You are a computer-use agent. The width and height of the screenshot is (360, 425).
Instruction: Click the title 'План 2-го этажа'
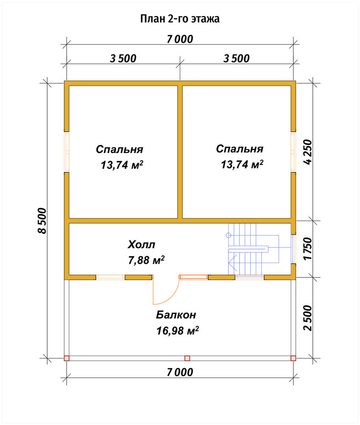(x=180, y=19)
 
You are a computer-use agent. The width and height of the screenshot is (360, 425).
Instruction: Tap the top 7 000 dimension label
(x=180, y=39)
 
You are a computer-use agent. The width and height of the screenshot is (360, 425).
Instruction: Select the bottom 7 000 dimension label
(x=180, y=372)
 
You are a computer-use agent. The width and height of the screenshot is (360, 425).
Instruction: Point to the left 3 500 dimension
(x=123, y=58)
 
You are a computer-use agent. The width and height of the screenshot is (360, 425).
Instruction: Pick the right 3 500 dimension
(x=236, y=58)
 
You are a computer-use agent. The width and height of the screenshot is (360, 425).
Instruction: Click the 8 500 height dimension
(x=42, y=221)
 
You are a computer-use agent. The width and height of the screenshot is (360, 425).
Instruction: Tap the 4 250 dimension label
(x=308, y=152)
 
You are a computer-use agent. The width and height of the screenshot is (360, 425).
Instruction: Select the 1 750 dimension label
(x=308, y=249)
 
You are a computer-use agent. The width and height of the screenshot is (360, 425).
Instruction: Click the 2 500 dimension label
(x=308, y=318)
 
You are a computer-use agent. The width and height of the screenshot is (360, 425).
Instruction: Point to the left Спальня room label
(x=119, y=149)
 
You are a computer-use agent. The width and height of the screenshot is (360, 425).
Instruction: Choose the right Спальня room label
(x=240, y=149)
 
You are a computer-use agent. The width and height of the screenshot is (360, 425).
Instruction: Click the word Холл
(x=142, y=244)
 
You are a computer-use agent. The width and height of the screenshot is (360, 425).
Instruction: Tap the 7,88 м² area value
(x=146, y=260)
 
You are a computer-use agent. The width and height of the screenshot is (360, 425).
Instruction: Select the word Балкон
(x=176, y=315)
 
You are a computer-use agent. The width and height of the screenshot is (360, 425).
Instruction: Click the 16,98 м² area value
(x=178, y=331)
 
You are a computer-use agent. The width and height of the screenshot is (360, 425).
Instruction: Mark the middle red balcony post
(x=187, y=358)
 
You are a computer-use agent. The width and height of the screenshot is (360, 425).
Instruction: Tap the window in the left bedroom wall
(x=66, y=152)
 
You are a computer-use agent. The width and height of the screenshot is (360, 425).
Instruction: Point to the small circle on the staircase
(x=228, y=235)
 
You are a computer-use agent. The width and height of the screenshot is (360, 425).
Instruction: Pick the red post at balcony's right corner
(x=293, y=358)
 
